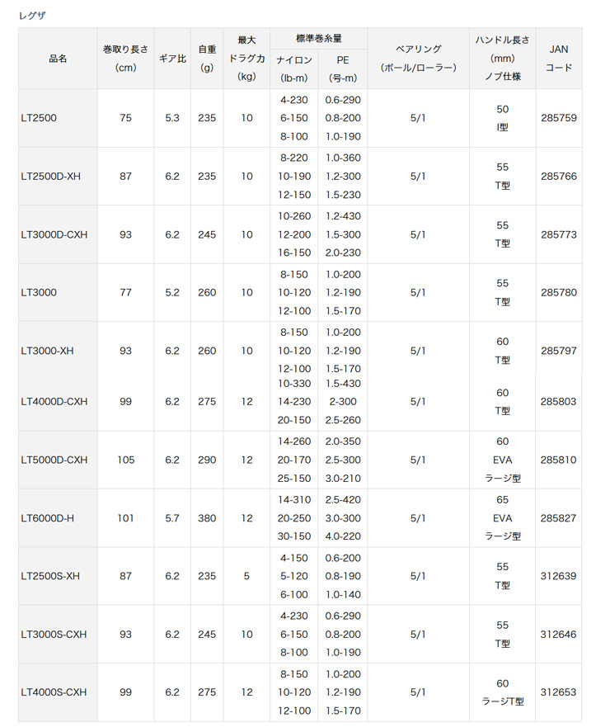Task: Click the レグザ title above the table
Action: pos(33,15)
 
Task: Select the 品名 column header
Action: pos(58,59)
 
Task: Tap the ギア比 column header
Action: pos(171,59)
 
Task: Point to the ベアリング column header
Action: pos(418,59)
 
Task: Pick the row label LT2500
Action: pos(38,118)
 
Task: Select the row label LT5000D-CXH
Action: pos(54,460)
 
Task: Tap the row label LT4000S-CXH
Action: pos(54,692)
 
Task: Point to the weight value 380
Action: pos(207,518)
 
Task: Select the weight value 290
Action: pos(207,460)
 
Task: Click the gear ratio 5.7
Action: pos(171,518)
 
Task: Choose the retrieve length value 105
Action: pos(125,460)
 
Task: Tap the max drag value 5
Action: pos(246,576)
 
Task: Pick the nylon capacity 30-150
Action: pos(294,536)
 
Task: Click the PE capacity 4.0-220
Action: pos(342,536)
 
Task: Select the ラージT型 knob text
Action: pos(503,701)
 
